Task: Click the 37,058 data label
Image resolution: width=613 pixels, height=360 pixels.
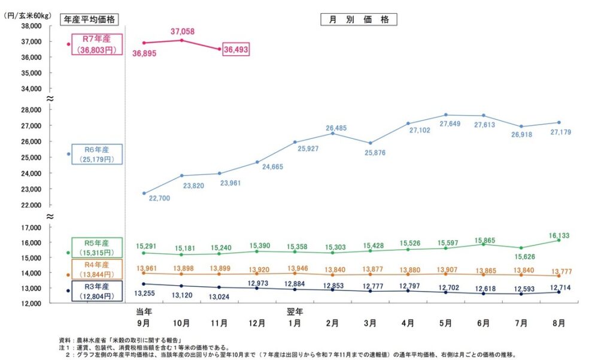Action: (x=182, y=31)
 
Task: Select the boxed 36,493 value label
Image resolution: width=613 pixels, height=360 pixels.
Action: (x=235, y=50)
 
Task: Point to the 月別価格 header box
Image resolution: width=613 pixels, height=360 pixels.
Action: (x=359, y=19)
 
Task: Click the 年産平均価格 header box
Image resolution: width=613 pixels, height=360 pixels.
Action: (x=90, y=19)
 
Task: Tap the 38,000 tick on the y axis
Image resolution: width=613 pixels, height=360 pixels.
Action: (x=30, y=26)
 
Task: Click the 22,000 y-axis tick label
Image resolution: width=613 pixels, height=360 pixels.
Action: (x=30, y=205)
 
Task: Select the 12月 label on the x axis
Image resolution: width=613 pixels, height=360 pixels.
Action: (x=257, y=323)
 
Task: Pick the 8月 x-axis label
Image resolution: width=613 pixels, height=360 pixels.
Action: (x=559, y=323)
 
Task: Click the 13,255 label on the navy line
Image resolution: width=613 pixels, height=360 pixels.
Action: (x=144, y=293)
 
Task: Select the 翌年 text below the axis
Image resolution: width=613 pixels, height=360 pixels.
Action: (x=295, y=312)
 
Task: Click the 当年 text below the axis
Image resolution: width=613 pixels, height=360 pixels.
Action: (x=144, y=312)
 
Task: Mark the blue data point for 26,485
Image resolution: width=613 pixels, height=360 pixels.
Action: (x=333, y=133)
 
